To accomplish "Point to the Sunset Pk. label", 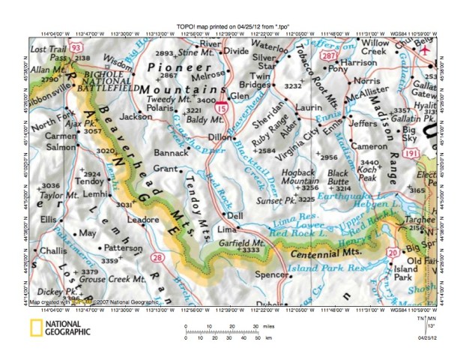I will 273,200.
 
